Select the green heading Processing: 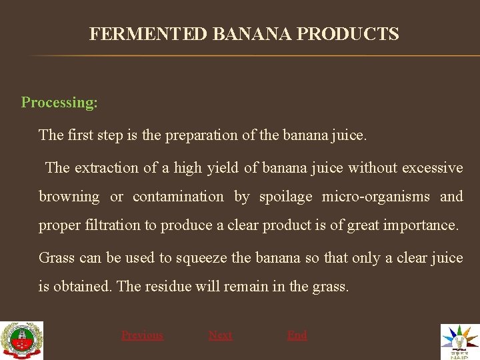59,103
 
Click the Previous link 141,335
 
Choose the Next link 220,335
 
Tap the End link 297,335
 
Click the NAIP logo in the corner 459,341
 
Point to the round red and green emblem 22,341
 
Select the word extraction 107,168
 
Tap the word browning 69,197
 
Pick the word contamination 178,197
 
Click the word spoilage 285,197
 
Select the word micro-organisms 376,197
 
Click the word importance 421,225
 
